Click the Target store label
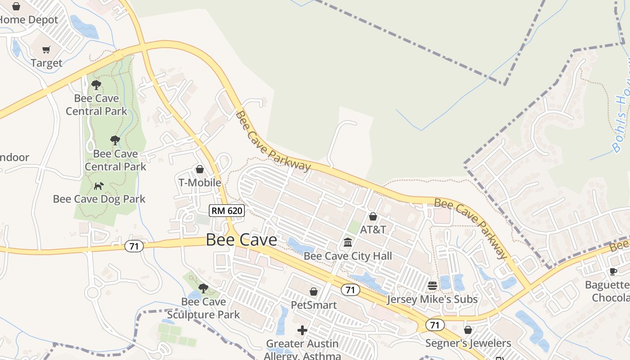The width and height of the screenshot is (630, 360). (x=46, y=63)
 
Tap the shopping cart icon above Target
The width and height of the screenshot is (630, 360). (x=46, y=50)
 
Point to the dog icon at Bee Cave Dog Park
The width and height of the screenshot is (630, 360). (x=99, y=186)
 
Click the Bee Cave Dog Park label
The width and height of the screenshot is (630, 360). (x=99, y=199)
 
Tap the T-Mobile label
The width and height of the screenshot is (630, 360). (x=200, y=183)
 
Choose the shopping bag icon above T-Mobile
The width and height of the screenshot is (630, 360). (x=199, y=169)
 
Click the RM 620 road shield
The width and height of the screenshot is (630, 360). (x=227, y=210)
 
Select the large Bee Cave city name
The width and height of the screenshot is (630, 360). (x=241, y=240)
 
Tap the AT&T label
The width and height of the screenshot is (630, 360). (x=373, y=229)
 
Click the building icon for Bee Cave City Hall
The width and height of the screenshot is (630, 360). (x=348, y=243)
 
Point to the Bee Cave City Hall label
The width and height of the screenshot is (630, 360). (x=348, y=256)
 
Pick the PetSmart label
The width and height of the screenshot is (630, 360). (x=314, y=305)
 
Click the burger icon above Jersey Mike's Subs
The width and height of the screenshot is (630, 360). (x=432, y=286)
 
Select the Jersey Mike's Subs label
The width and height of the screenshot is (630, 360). (x=432, y=299)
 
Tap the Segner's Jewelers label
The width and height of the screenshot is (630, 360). (x=468, y=344)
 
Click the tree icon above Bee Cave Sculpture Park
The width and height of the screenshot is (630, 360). (x=203, y=288)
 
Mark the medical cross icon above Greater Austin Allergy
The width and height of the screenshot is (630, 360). (x=302, y=330)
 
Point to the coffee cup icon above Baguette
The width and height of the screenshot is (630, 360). (x=613, y=271)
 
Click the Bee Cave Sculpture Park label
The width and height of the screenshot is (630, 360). (x=203, y=308)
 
